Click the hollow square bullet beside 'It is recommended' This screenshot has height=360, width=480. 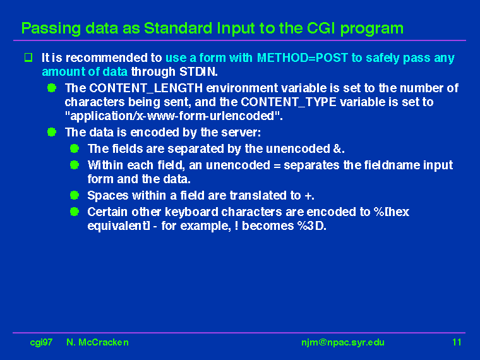pyautogui.click(x=28, y=57)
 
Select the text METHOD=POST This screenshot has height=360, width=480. pyautogui.click(x=303, y=57)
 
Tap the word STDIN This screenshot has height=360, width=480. pyautogui.click(x=198, y=71)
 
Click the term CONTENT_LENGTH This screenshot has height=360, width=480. pyautogui.click(x=146, y=88)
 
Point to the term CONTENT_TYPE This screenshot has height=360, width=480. pyautogui.click(x=289, y=102)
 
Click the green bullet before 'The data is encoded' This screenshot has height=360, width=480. pyautogui.click(x=52, y=132)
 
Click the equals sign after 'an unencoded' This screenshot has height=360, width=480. pyautogui.click(x=277, y=165)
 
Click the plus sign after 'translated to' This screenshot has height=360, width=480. pyautogui.click(x=308, y=196)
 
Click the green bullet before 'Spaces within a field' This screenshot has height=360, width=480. pyautogui.click(x=75, y=195)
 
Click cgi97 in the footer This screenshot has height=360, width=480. pyautogui.click(x=41, y=342)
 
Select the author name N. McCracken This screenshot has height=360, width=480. pyautogui.click(x=97, y=342)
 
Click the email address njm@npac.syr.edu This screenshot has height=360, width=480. pyautogui.click(x=343, y=342)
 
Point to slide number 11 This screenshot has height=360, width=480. pyautogui.click(x=457, y=342)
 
